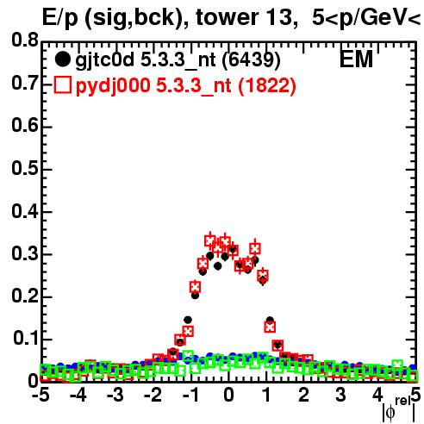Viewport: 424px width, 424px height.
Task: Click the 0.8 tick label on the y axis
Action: (25, 41)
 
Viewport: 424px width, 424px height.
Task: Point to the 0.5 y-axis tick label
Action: (25, 168)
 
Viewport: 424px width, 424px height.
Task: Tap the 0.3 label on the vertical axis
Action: (25, 253)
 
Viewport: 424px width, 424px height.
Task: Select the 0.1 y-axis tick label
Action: (26, 339)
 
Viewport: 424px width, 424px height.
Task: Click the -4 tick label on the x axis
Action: (78, 395)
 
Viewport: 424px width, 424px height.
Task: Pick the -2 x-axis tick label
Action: (153, 395)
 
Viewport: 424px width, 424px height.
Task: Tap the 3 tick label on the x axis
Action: (340, 395)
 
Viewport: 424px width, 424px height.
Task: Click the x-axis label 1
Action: (267, 395)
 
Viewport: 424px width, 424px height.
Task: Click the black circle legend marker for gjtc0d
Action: (62, 59)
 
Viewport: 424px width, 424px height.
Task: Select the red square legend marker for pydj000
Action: (62, 85)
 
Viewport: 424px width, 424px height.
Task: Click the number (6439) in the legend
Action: (251, 60)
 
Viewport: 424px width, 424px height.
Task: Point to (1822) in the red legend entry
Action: (267, 86)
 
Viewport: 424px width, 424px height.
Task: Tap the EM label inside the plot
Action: (356, 59)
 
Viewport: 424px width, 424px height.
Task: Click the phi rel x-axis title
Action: (398, 409)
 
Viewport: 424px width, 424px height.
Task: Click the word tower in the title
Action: (226, 17)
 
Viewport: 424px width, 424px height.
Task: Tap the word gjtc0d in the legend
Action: (105, 60)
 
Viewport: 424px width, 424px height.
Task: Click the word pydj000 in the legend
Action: (113, 86)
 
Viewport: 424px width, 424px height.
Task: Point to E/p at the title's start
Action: (60, 18)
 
